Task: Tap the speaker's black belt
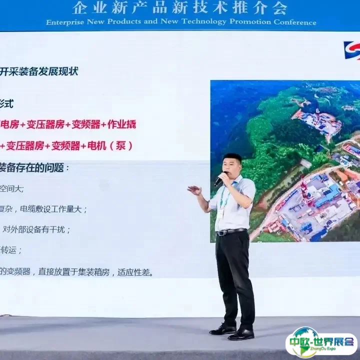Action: point(231,232)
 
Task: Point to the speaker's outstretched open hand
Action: point(194,190)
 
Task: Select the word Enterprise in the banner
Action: point(65,22)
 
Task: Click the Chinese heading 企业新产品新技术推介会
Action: point(180,8)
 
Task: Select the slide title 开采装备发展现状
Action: point(39,71)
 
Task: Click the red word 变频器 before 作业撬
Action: point(86,124)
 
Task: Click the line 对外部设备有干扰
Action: point(37,230)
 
